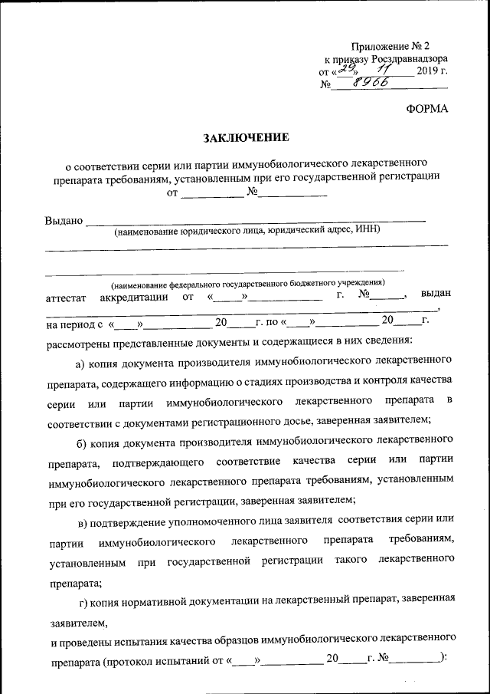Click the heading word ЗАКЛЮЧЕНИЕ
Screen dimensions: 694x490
coord(246,139)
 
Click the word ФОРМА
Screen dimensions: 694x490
coord(426,109)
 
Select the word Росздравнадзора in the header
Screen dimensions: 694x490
coord(409,58)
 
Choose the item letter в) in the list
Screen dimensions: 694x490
coord(83,521)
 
